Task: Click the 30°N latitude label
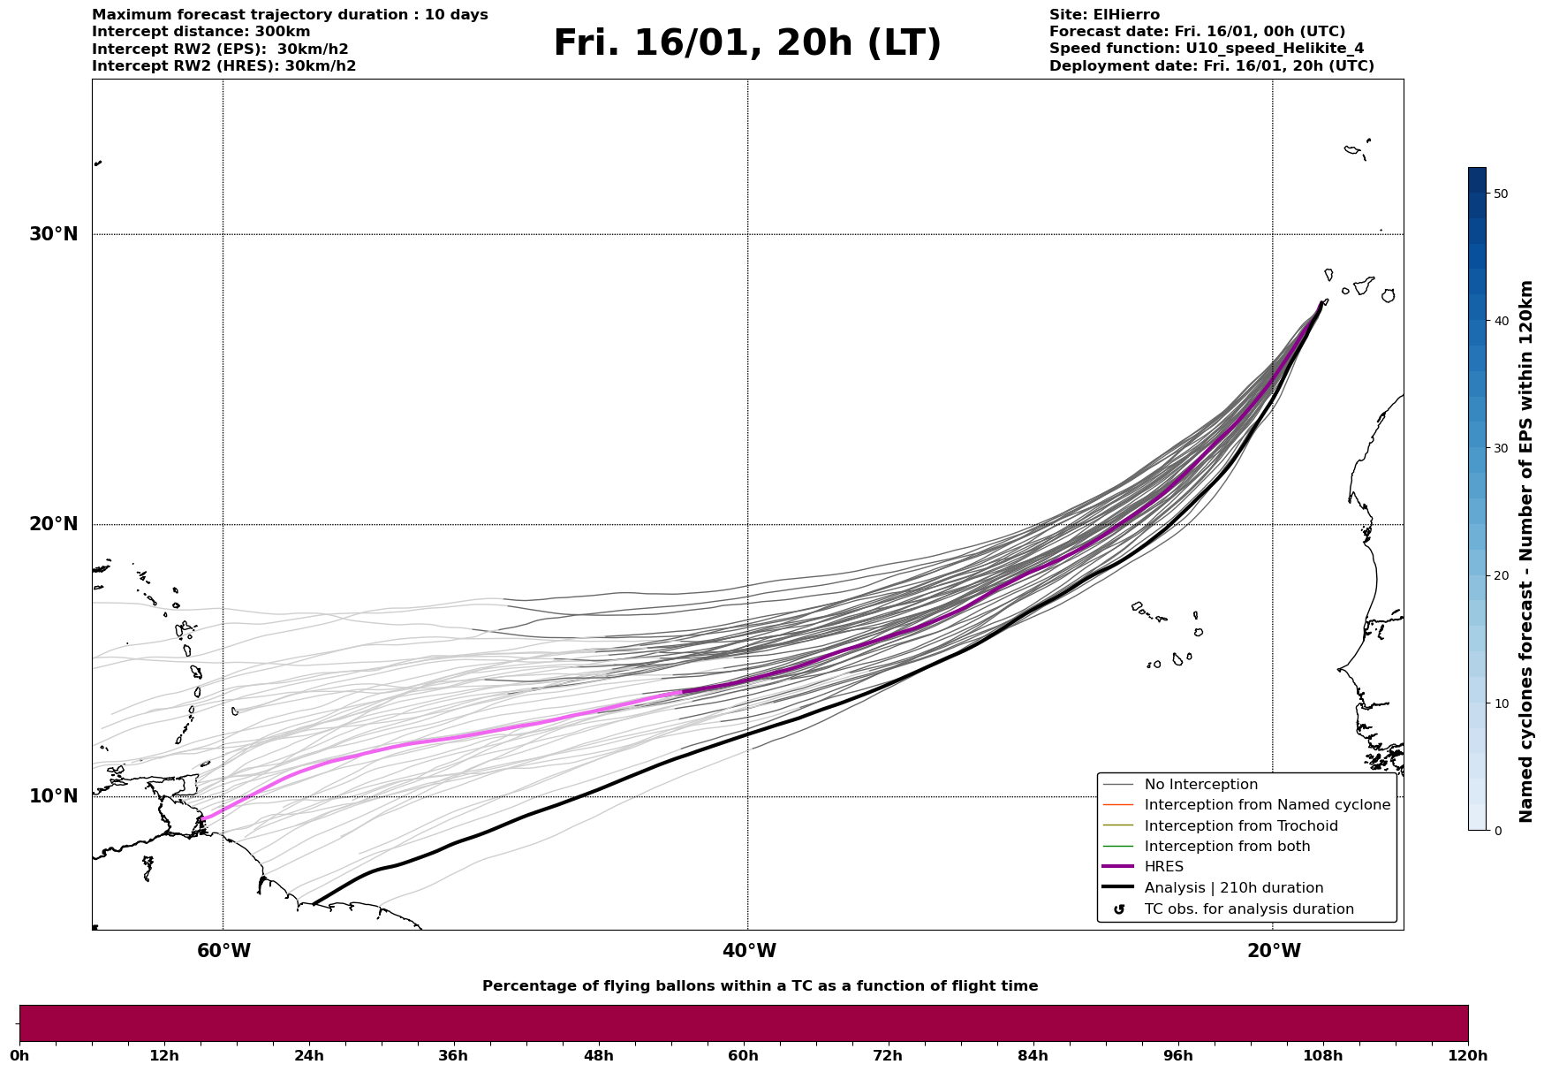[x=53, y=234]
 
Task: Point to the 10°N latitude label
[x=53, y=796]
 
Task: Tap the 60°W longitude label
[x=223, y=951]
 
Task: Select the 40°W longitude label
[x=749, y=951]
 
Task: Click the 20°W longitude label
[x=1274, y=951]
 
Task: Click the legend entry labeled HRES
[x=1163, y=867]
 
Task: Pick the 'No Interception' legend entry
[x=1200, y=785]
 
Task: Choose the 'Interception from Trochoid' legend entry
[x=1240, y=826]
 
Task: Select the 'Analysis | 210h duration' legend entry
[x=1233, y=888]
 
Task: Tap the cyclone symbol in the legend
[x=1119, y=909]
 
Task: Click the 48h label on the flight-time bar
[x=598, y=1056]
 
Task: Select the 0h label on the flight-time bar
[x=19, y=1056]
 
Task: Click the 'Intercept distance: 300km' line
[x=201, y=32]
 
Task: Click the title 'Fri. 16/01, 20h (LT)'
[x=747, y=43]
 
